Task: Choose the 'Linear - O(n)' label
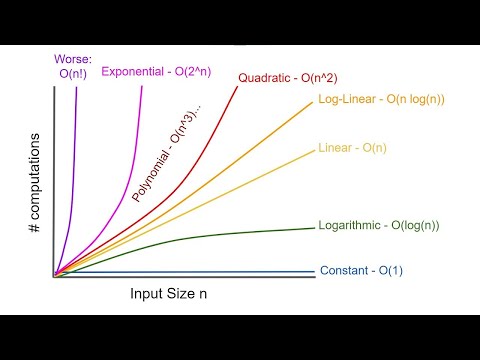351,148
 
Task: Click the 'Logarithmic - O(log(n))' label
378,225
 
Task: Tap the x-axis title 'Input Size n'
172,295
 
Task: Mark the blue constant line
200,272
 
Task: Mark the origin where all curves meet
54,274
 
